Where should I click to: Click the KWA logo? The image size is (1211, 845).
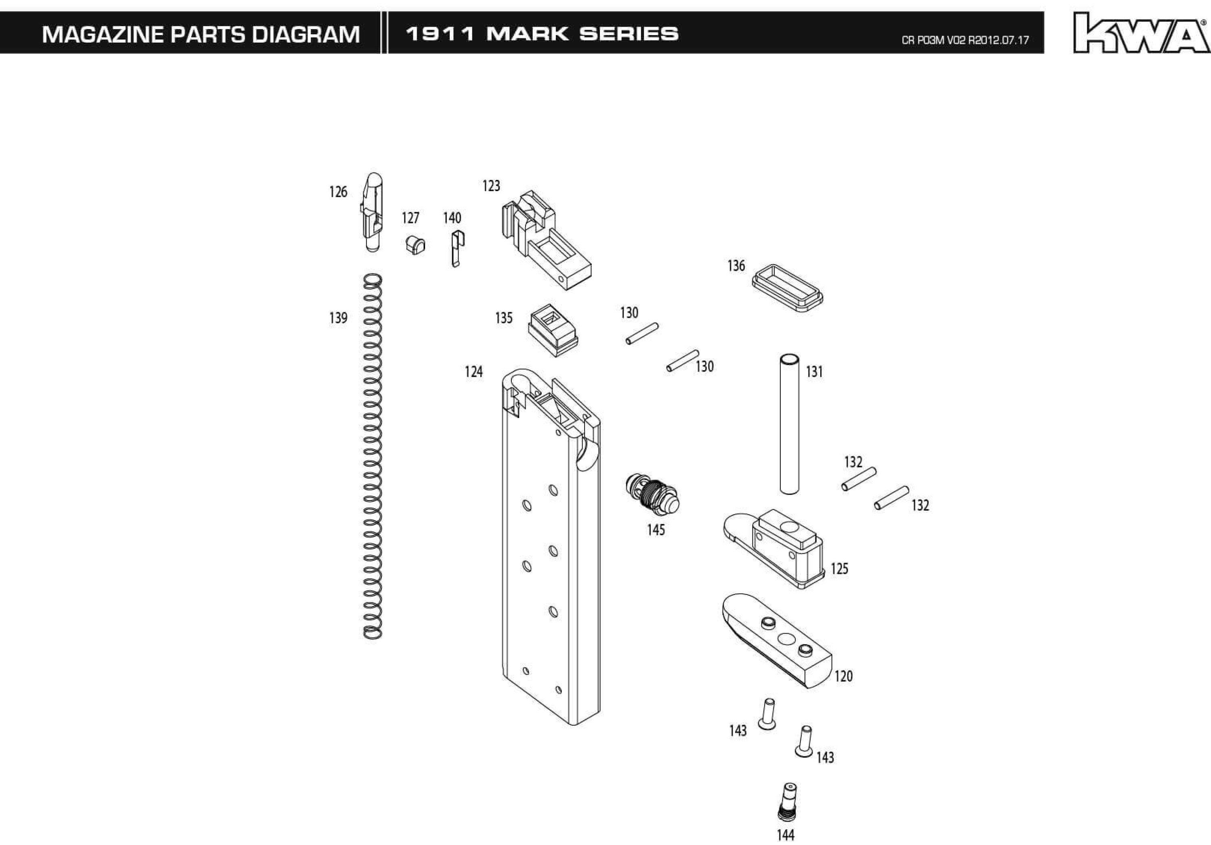tap(1142, 33)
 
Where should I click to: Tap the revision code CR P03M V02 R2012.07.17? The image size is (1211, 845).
tap(965, 40)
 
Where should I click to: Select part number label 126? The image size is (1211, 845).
tap(338, 192)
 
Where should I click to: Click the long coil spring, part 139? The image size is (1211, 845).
tap(372, 456)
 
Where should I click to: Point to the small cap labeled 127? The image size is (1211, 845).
tap(415, 245)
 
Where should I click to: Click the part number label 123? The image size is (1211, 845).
tap(491, 186)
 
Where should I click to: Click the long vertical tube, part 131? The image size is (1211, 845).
tap(789, 424)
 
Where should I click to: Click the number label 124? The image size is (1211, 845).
tap(474, 372)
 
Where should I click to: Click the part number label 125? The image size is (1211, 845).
tap(839, 569)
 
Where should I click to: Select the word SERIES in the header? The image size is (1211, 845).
tap(629, 34)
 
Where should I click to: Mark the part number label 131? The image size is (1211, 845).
tap(814, 372)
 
